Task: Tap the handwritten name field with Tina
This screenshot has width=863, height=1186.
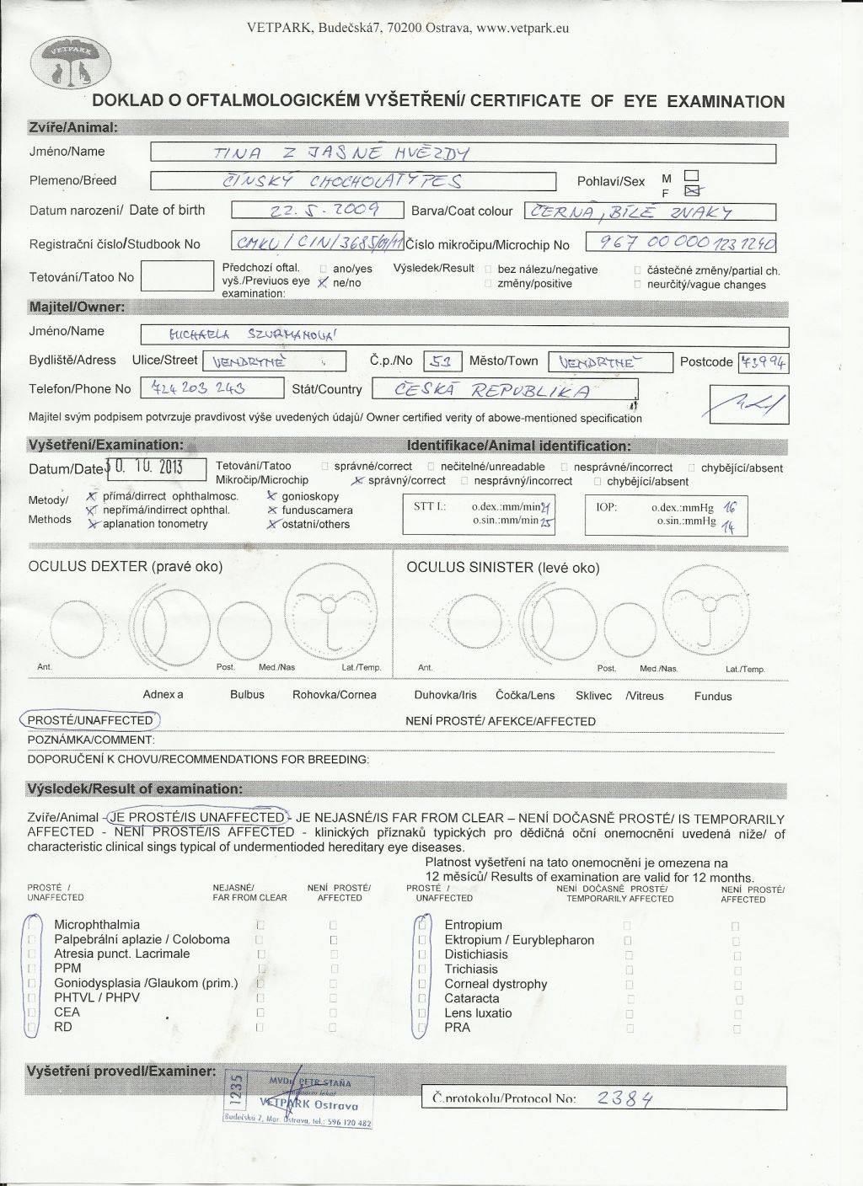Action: pos(462,152)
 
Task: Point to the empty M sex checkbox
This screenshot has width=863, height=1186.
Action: pos(692,175)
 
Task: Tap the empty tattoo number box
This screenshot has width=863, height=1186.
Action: pos(177,276)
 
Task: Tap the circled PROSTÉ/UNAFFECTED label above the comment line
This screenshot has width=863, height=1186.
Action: pos(90,720)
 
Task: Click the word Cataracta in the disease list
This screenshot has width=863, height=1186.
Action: pos(472,998)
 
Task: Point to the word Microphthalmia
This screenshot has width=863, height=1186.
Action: pos(97,925)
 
